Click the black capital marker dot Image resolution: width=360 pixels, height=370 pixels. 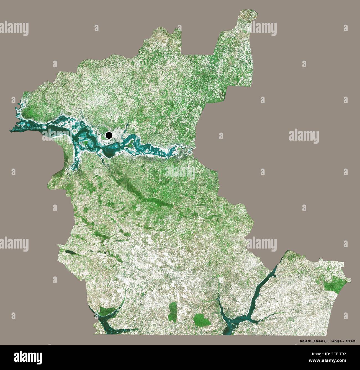[109, 135]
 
